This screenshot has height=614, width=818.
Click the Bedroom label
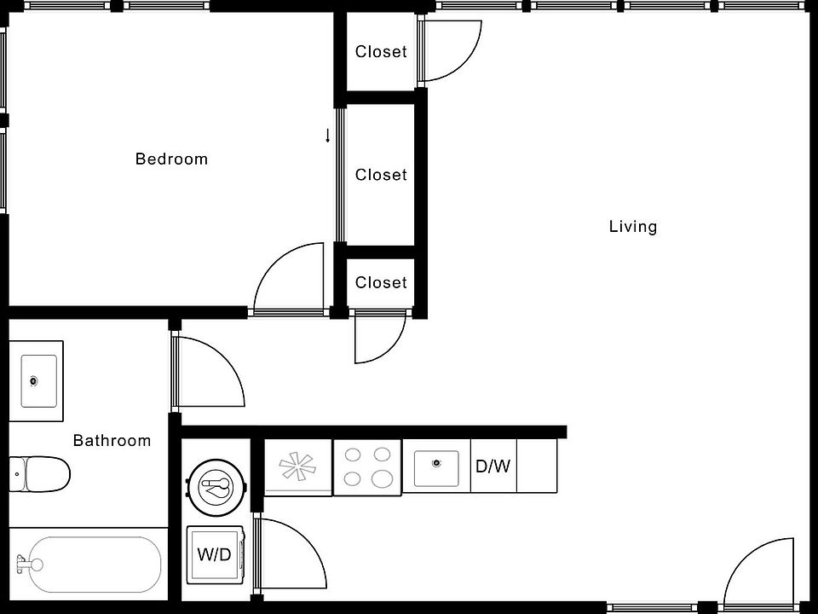point(171,159)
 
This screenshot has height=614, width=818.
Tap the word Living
point(633,227)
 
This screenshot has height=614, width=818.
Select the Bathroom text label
point(112,441)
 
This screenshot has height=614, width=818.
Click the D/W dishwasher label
point(493,466)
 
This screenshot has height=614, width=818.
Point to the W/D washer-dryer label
point(214,555)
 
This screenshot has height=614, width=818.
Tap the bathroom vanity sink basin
point(38,381)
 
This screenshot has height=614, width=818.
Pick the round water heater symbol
point(216,488)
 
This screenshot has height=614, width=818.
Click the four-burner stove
point(366,467)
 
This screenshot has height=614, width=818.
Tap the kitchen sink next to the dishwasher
point(436,466)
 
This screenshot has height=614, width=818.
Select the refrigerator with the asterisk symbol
point(297,467)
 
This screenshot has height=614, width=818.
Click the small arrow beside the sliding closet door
point(327,136)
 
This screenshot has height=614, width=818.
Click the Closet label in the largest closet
point(381,175)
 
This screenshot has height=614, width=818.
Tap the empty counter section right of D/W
point(537,466)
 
